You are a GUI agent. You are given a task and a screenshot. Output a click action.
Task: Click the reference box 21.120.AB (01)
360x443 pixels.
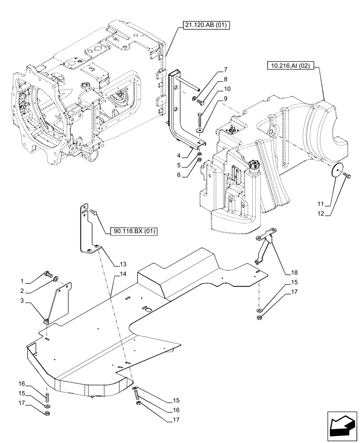click(x=205, y=26)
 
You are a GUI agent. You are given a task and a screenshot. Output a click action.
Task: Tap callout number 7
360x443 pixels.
click(x=225, y=70)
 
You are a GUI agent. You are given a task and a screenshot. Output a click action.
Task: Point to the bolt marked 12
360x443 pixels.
click(x=348, y=177)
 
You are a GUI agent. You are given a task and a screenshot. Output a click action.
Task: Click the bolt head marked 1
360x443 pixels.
click(x=47, y=275)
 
